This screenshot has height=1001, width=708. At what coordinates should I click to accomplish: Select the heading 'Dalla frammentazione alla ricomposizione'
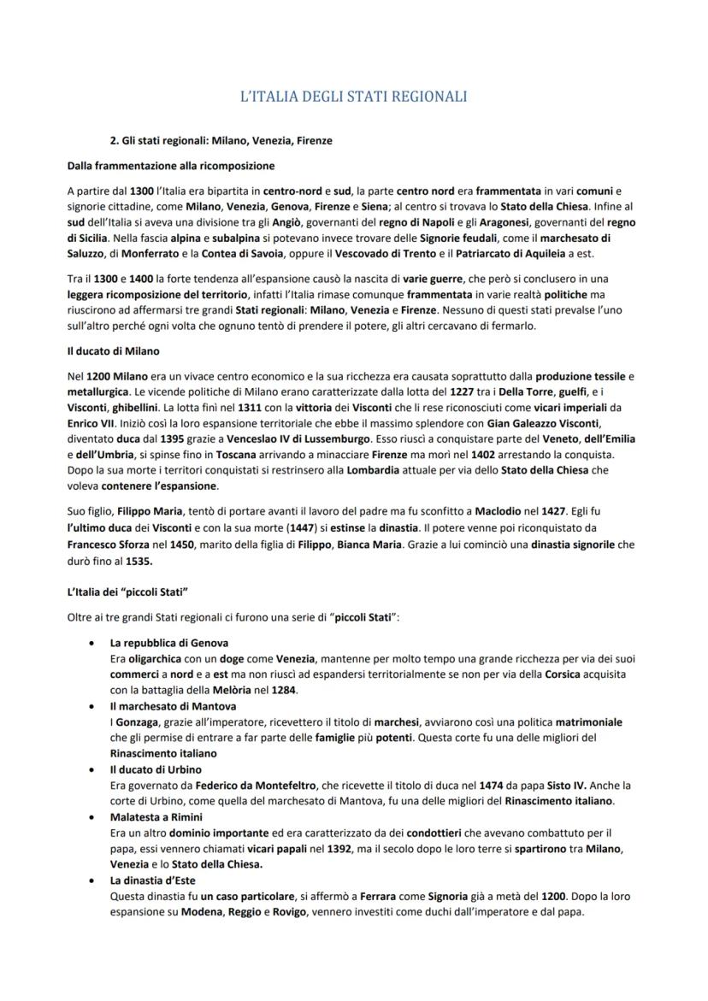(170, 165)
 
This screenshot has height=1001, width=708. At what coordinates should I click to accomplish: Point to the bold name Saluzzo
(89, 254)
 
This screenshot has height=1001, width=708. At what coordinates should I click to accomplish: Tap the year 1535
(139, 562)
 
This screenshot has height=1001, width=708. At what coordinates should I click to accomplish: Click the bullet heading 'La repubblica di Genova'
(168, 642)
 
